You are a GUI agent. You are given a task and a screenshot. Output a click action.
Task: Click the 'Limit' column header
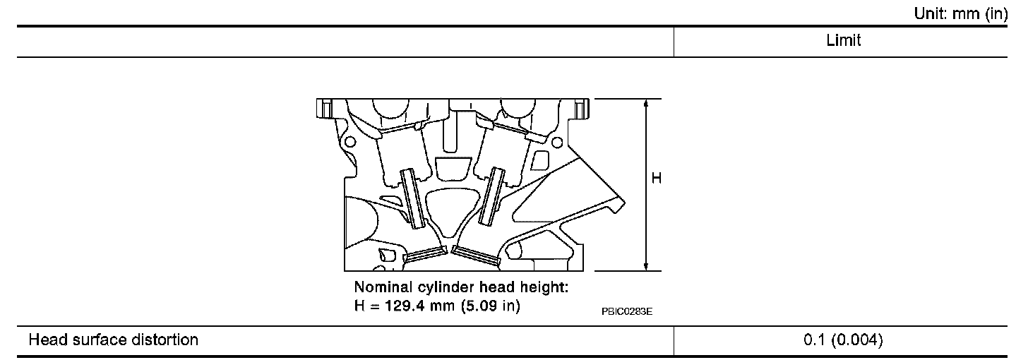pos(843,41)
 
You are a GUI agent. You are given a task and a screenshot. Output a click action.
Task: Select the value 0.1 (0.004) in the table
pos(843,340)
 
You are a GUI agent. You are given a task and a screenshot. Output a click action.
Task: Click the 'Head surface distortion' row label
pos(113,340)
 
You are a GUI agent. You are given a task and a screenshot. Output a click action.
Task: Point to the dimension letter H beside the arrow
pos(657,179)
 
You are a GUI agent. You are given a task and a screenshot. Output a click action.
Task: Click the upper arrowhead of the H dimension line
pos(646,103)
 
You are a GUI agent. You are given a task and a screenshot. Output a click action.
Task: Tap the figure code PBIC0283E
pos(627,311)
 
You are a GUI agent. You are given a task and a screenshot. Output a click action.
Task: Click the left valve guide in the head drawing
pos(412,199)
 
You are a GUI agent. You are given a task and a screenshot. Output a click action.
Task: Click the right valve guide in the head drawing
pos(491,197)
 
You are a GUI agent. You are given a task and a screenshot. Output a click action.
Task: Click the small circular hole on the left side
pos(348,141)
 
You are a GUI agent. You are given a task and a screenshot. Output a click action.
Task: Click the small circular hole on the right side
pos(557,143)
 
